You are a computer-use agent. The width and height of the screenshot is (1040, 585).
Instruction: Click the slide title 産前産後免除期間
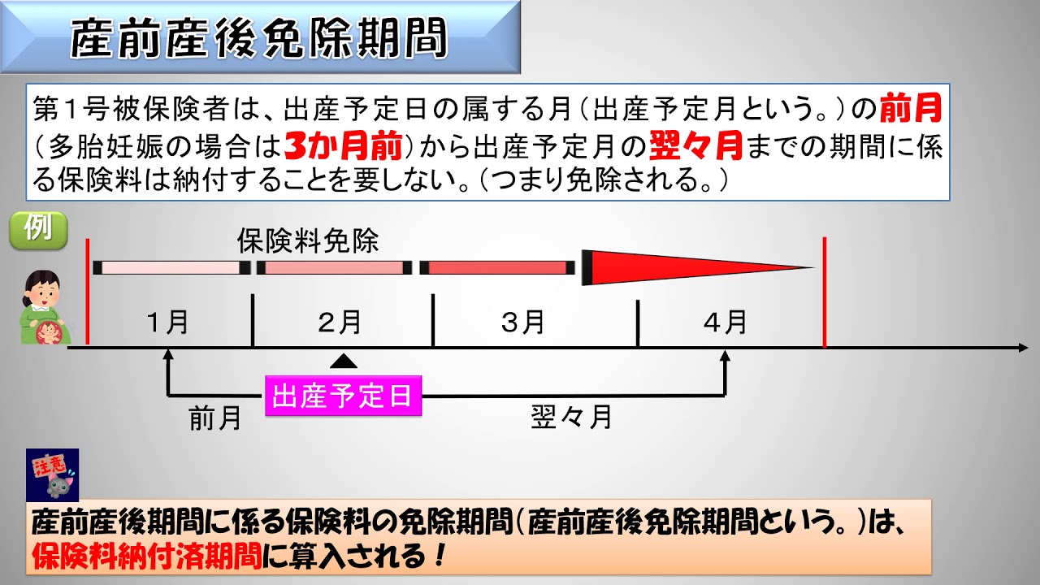pyautogui.click(x=258, y=39)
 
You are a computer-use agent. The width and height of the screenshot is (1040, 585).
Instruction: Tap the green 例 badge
pyautogui.click(x=38, y=230)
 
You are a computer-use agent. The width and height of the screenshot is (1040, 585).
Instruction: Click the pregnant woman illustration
pyautogui.click(x=45, y=308)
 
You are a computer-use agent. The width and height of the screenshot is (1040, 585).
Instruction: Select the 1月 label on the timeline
pyautogui.click(x=167, y=323)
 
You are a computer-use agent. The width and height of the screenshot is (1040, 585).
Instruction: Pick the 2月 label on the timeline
pyautogui.click(x=340, y=323)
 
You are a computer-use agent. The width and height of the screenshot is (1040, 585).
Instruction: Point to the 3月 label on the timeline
pyautogui.click(x=522, y=323)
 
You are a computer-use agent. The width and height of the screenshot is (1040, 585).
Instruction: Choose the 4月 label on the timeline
pyautogui.click(x=726, y=323)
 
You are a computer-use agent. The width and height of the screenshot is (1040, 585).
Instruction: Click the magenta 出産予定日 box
pyautogui.click(x=344, y=396)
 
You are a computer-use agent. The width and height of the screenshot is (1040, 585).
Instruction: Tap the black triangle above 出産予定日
pyautogui.click(x=344, y=362)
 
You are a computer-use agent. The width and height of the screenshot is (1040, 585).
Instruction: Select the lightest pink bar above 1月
pyautogui.click(x=171, y=268)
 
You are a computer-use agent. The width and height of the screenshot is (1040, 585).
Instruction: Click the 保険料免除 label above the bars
pyautogui.click(x=308, y=240)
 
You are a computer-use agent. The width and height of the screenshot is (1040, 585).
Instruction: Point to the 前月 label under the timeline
pyautogui.click(x=215, y=418)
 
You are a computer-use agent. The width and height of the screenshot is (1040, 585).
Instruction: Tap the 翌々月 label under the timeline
pyautogui.click(x=571, y=417)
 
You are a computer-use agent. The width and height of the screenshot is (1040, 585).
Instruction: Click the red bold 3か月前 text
pyautogui.click(x=343, y=145)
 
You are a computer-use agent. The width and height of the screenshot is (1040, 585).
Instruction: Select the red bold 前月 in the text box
pyautogui.click(x=911, y=108)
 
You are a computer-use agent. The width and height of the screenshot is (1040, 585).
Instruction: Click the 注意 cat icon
pyautogui.click(x=53, y=475)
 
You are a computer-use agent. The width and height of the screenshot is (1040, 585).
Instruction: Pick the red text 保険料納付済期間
pyautogui.click(x=147, y=556)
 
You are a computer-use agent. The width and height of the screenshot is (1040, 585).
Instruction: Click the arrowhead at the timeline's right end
pyautogui.click(x=1023, y=347)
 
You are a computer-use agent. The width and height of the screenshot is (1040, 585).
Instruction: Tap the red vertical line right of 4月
pyautogui.click(x=825, y=292)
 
